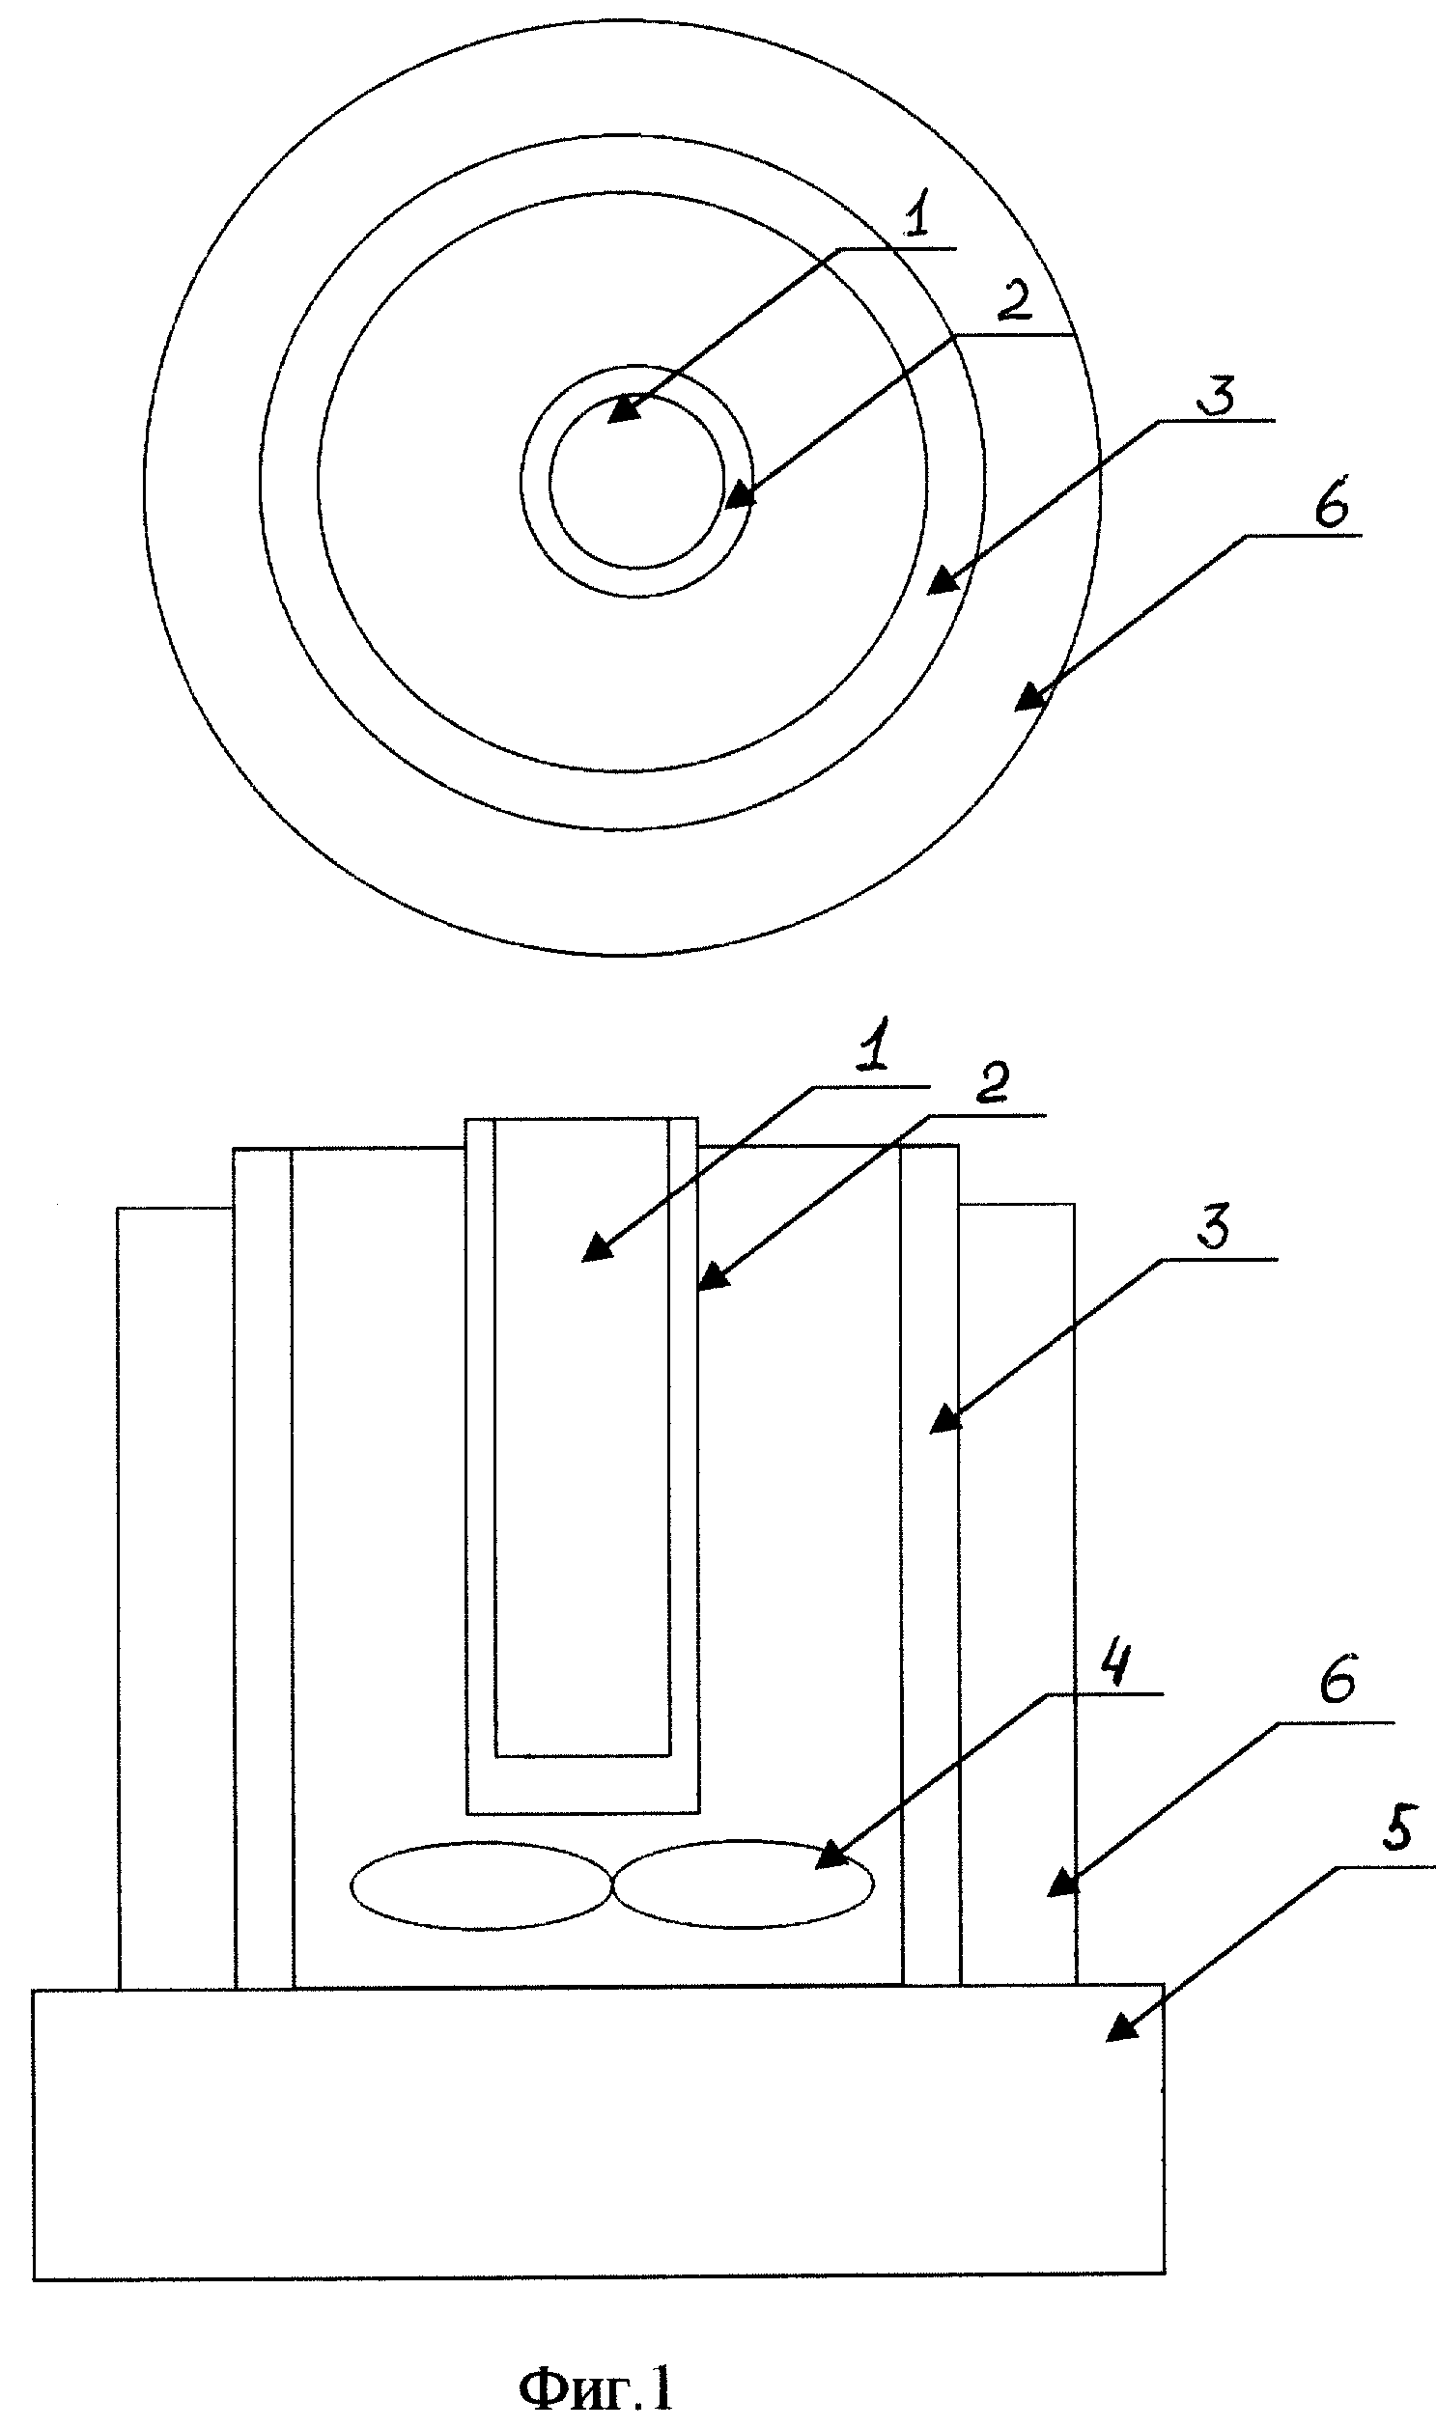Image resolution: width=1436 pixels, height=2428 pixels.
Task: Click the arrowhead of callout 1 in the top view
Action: pyautogui.click(x=625, y=408)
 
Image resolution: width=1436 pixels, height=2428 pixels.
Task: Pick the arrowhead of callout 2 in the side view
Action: pyautogui.click(x=713, y=1275)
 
